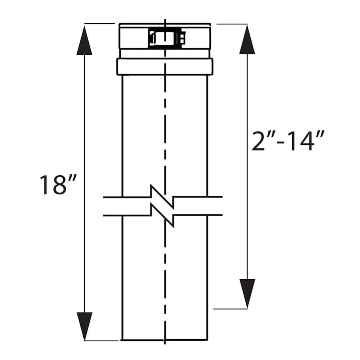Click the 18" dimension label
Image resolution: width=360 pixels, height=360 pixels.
58,185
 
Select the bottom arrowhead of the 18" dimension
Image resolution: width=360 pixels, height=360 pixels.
84,326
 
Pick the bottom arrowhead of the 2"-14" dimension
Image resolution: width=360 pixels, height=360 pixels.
247,293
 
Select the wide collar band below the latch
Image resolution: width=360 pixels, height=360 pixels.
165,66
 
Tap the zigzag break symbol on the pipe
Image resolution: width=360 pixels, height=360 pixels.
162,206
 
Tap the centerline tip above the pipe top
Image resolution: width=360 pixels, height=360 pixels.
165,20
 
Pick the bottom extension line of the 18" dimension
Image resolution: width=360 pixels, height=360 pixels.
102,341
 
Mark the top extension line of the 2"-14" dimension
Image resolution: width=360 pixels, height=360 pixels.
232,24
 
